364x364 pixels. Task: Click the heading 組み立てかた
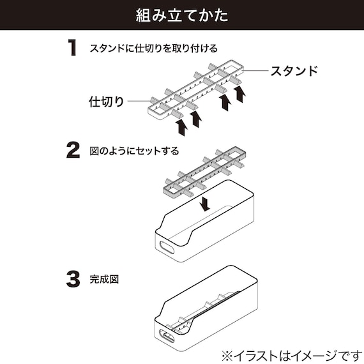181,15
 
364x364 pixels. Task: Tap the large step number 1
74,49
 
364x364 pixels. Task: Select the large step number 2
74,151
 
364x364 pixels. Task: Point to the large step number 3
74,278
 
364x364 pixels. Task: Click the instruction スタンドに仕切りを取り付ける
153,49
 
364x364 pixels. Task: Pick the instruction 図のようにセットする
134,151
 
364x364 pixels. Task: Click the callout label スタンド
293,70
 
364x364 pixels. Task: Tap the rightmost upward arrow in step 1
240,95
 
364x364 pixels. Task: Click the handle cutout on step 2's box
169,247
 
